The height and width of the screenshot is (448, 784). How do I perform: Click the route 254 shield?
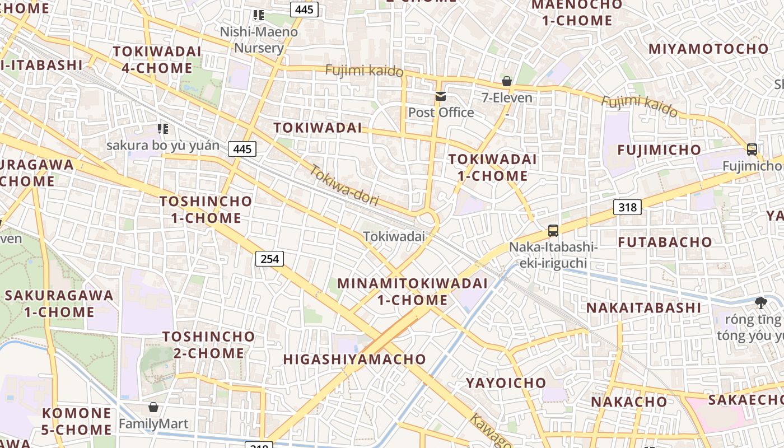(269, 258)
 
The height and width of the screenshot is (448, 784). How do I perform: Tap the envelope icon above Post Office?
(441, 96)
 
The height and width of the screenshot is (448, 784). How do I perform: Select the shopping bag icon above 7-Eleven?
(507, 82)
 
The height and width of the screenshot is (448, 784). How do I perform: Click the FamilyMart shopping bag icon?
(153, 407)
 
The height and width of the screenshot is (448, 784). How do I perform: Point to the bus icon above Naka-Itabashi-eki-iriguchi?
(553, 230)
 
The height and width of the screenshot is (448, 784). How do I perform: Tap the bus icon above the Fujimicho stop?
(752, 150)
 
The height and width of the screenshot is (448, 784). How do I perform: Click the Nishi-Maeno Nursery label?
(259, 39)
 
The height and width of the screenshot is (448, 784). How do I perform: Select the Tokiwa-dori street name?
(344, 185)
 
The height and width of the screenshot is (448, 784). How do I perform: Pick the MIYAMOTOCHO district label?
(708, 49)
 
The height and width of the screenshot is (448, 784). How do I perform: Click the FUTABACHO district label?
(665, 242)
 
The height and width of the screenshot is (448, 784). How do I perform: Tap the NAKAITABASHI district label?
(643, 307)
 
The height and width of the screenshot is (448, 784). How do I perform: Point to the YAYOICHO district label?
(506, 383)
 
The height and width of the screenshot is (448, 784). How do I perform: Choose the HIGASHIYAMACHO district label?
(354, 360)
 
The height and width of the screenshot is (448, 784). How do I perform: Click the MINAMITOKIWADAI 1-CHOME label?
(412, 291)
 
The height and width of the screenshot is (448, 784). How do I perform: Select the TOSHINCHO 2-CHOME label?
(208, 344)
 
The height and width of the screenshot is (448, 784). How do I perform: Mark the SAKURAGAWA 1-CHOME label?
(59, 303)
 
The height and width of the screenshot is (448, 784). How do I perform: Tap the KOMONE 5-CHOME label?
(77, 421)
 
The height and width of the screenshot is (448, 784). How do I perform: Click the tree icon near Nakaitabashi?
(760, 303)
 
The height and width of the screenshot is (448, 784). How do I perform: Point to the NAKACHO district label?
(629, 402)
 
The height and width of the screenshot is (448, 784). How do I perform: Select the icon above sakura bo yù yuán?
(163, 129)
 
